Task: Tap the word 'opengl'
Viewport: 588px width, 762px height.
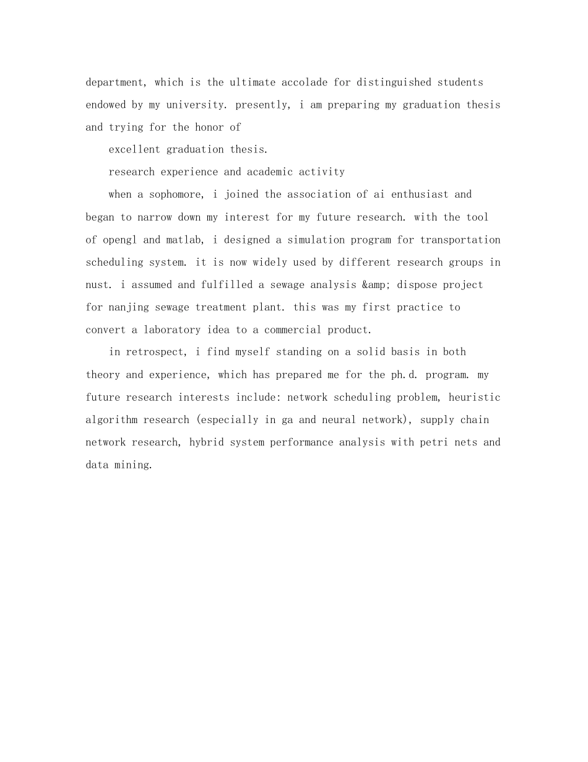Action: (x=117, y=240)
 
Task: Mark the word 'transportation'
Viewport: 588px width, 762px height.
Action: (x=460, y=240)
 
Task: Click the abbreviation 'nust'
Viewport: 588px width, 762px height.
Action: (x=98, y=285)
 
